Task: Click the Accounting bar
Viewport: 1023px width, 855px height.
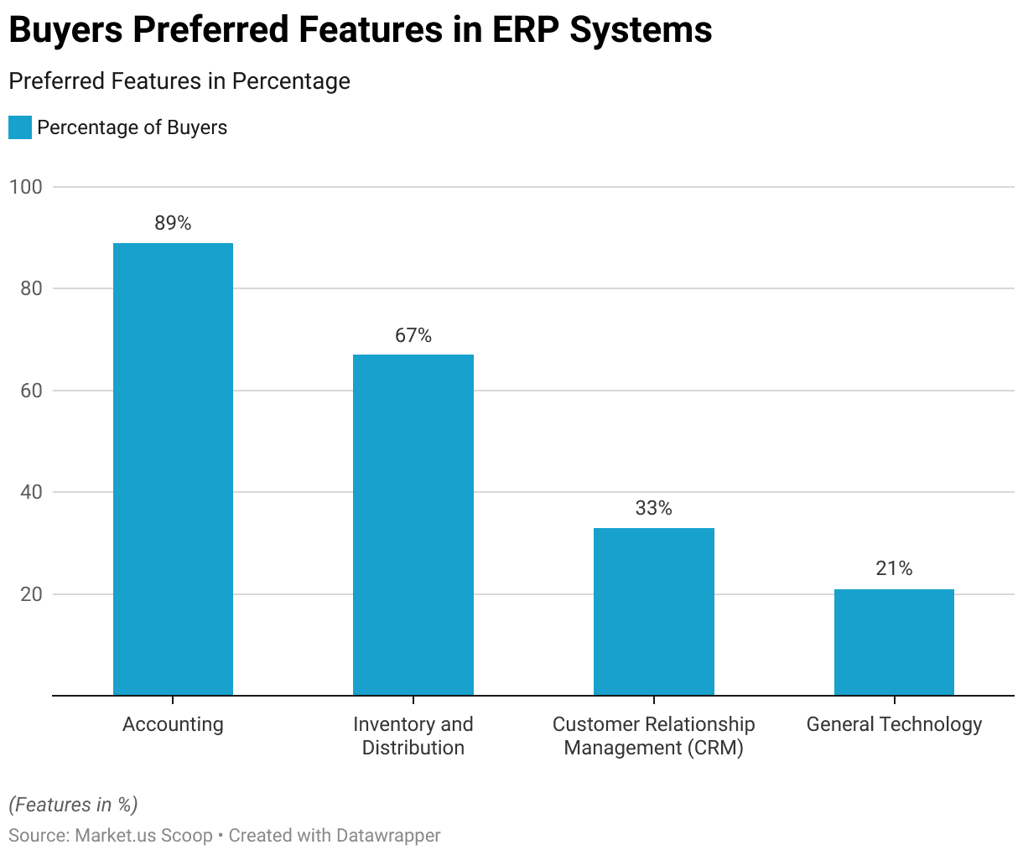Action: (173, 469)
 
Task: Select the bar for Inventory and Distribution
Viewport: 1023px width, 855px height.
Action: (413, 525)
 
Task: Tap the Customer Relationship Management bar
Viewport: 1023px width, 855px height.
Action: (654, 612)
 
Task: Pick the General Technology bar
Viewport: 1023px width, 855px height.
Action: (894, 642)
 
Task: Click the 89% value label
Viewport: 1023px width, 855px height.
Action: (173, 223)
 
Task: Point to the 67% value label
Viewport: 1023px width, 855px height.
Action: (413, 335)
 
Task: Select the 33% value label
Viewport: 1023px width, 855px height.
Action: (654, 508)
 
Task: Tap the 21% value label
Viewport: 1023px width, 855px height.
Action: (894, 568)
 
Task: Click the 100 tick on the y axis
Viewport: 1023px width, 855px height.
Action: (26, 187)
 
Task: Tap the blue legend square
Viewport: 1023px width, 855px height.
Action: (20, 127)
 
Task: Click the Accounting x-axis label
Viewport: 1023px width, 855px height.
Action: (173, 724)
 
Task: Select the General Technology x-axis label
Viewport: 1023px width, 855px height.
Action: (894, 724)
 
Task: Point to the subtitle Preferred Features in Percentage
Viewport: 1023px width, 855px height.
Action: (179, 81)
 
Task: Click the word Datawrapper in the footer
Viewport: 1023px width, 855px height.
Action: (388, 836)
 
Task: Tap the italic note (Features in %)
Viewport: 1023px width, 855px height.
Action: (73, 805)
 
